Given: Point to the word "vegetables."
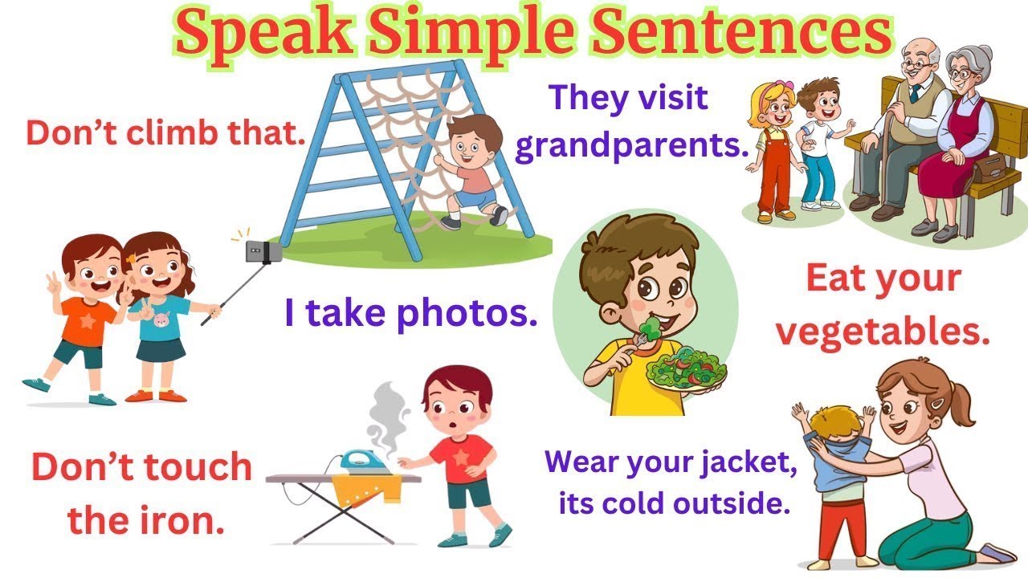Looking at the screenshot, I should point(882,331).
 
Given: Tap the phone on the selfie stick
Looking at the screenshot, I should point(259,250).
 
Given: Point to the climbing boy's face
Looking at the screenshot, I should point(469,149).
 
